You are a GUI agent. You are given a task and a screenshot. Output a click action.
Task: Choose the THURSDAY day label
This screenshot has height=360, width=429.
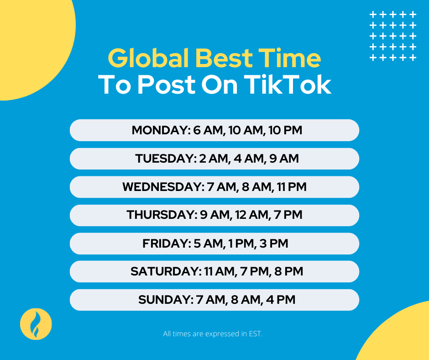pos(161,215)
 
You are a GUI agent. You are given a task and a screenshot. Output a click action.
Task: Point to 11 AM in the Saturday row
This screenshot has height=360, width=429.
pos(220,271)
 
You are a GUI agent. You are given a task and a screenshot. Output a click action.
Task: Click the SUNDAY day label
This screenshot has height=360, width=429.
pos(163,300)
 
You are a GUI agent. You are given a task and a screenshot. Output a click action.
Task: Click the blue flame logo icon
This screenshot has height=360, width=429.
pos(36,323)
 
